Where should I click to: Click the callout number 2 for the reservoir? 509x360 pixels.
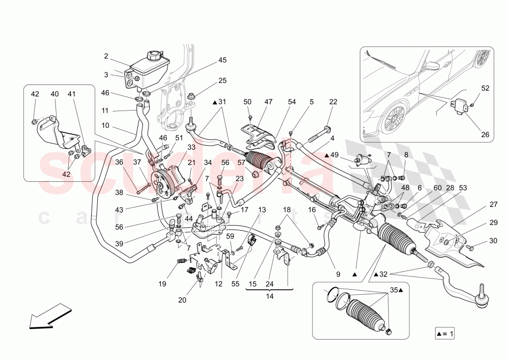pos(106,56)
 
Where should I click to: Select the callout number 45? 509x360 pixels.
pos(222,60)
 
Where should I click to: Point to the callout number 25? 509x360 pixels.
pos(222,80)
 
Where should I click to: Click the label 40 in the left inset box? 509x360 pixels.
pos(54,94)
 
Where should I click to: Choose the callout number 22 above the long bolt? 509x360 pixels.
pos(333,102)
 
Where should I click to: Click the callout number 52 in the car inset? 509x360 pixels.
pos(485,88)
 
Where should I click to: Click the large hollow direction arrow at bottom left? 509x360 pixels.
pos(49,316)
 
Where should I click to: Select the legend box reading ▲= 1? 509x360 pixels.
pos(444,334)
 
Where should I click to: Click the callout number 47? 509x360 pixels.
pos(268,102)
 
